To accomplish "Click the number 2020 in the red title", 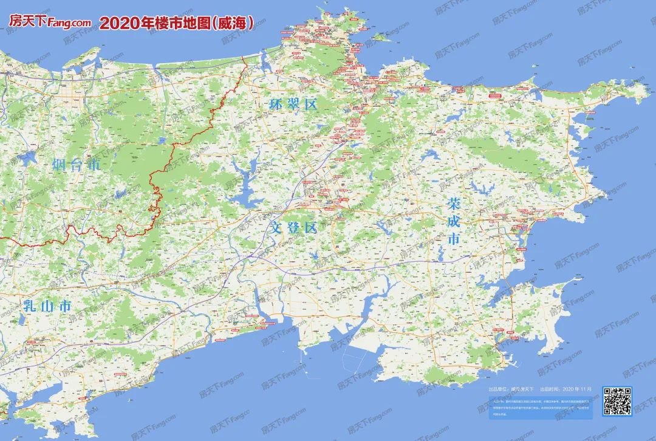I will click(117, 23).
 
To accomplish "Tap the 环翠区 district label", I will click(293, 104).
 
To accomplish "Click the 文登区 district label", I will click(294, 228).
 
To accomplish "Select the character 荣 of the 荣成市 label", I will click(453, 203).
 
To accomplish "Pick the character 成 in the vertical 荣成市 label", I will click(453, 221).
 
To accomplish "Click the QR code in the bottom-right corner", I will click(617, 401).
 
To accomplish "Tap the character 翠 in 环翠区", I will click(293, 104).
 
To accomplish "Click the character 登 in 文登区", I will click(294, 228).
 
